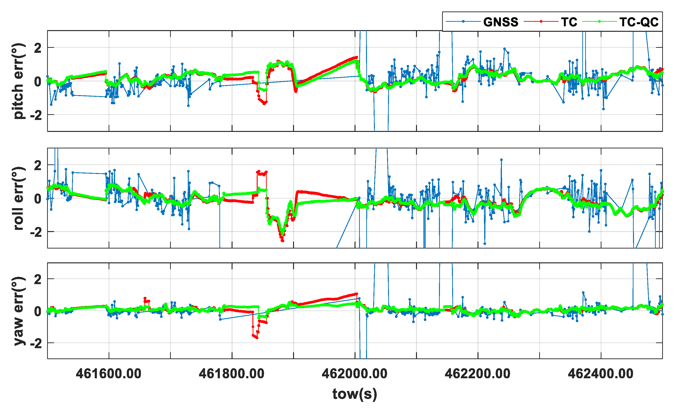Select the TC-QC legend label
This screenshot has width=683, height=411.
pyautogui.click(x=639, y=22)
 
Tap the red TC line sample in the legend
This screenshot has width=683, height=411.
pyautogui.click(x=541, y=21)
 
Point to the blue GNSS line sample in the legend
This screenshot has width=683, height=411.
pyautogui.click(x=463, y=21)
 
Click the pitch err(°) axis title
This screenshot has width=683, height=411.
pyautogui.click(x=18, y=81)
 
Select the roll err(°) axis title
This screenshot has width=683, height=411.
pyautogui.click(x=18, y=198)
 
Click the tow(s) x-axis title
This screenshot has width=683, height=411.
pyautogui.click(x=355, y=394)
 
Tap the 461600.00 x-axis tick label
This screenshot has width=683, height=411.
pyautogui.click(x=109, y=374)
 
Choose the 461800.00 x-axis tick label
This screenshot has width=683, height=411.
pyautogui.click(x=232, y=374)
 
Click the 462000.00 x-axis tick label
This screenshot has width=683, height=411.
pyautogui.click(x=355, y=374)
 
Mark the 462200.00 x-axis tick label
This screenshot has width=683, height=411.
pyautogui.click(x=478, y=374)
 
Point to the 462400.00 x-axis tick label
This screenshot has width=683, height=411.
pyautogui.click(x=601, y=374)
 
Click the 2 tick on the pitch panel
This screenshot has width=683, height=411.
pyautogui.click(x=38, y=49)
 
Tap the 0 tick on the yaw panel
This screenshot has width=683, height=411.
pyautogui.click(x=38, y=311)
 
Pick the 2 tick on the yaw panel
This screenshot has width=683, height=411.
pyautogui.click(x=38, y=279)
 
